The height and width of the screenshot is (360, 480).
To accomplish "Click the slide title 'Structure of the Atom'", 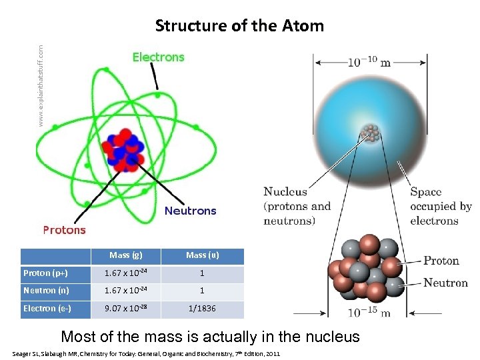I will [239, 26].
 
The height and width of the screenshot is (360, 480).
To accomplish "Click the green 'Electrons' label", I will [158, 57].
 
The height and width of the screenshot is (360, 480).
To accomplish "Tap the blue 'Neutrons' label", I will [190, 211].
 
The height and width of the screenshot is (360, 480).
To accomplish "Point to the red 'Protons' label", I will [65, 230].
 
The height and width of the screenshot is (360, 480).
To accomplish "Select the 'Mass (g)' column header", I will [125, 255].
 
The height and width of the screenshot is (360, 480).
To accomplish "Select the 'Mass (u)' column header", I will [202, 255].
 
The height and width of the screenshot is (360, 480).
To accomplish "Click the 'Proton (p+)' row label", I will [46, 273].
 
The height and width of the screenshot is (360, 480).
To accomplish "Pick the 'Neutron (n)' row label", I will [46, 291].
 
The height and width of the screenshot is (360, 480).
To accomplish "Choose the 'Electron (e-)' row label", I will [48, 309].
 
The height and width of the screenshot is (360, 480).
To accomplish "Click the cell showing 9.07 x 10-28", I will [125, 309].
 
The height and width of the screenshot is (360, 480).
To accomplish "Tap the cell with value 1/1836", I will [202, 309].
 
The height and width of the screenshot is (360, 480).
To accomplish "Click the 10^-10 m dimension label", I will [369, 62].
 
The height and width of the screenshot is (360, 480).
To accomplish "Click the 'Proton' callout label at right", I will [441, 261].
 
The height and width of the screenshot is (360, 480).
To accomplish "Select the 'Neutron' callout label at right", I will [445, 283].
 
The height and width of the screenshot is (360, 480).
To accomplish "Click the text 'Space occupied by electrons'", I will [440, 206].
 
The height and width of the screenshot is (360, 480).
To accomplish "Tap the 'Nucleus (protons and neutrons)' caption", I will [297, 206].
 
